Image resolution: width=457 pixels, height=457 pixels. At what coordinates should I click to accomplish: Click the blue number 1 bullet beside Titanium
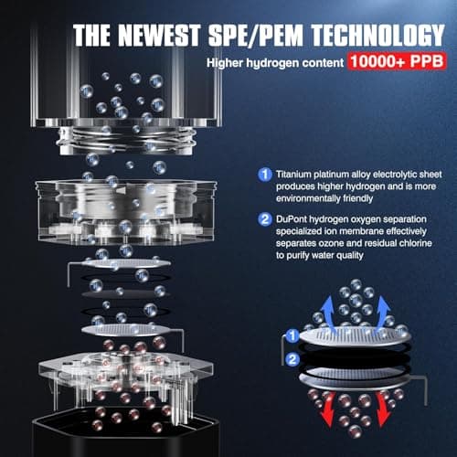pyautogui.click(x=263, y=174)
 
